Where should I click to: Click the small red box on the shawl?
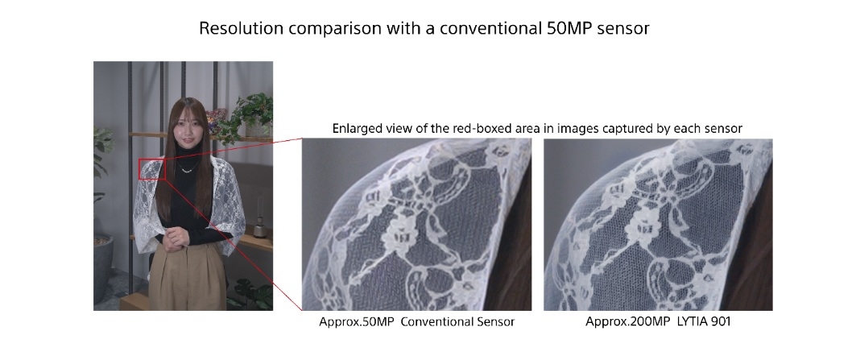(151, 169)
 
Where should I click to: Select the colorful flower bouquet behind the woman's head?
(216, 119)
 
